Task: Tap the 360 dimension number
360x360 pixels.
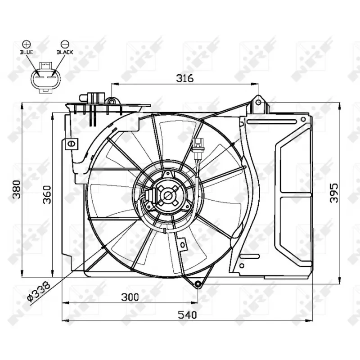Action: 47,194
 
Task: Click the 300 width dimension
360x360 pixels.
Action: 129,297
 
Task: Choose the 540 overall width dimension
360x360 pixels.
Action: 186,315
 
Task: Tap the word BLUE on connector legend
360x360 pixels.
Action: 27,52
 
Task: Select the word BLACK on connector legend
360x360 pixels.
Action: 65,52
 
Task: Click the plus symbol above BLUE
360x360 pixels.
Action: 27,44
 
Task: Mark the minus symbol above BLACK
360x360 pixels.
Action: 65,44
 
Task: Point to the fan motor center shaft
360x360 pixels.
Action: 168,196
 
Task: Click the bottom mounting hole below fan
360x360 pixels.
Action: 198,283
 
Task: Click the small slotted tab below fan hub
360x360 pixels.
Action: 182,244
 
